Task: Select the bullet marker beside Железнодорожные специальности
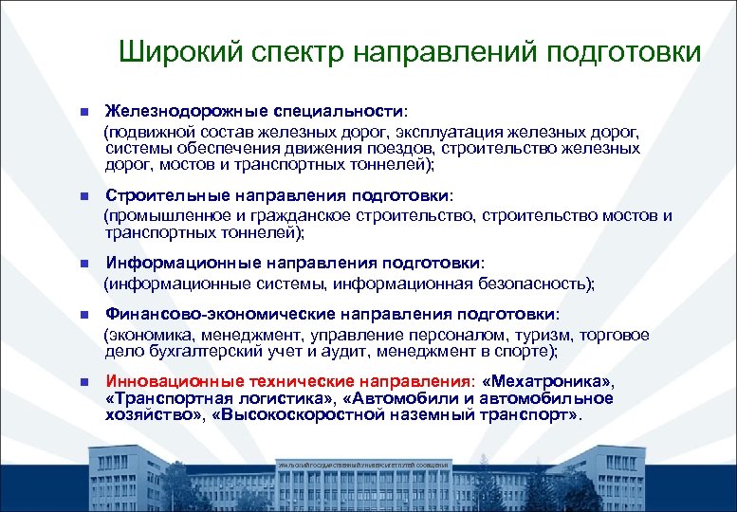pyautogui.click(x=83, y=110)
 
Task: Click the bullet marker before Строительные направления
pyautogui.click(x=83, y=196)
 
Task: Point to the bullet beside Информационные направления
pyautogui.click(x=83, y=264)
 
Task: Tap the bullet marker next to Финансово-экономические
pyautogui.click(x=83, y=315)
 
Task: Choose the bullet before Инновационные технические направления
pyautogui.click(x=83, y=382)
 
